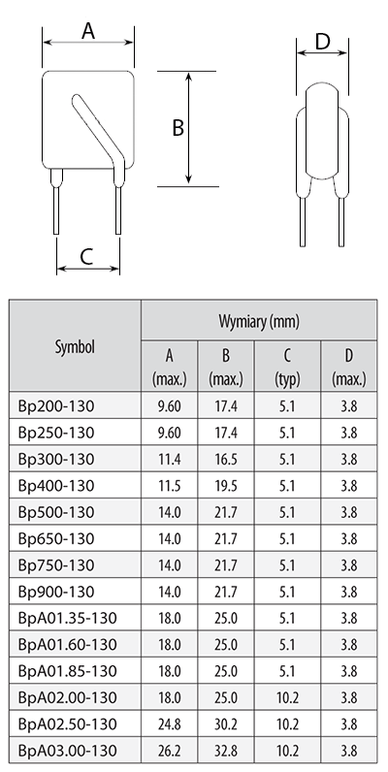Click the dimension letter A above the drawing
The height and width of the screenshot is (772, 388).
88,31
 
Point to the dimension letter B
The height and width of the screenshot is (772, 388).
178,127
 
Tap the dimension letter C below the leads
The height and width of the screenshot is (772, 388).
86,256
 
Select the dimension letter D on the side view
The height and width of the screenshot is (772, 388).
322,43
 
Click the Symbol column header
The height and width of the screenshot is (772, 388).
75,346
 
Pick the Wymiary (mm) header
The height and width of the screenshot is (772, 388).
259,321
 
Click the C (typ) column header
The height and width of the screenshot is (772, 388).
287,367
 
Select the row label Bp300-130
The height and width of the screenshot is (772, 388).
55,460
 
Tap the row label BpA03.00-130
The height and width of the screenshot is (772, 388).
68,751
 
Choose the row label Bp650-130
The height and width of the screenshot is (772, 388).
55,539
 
